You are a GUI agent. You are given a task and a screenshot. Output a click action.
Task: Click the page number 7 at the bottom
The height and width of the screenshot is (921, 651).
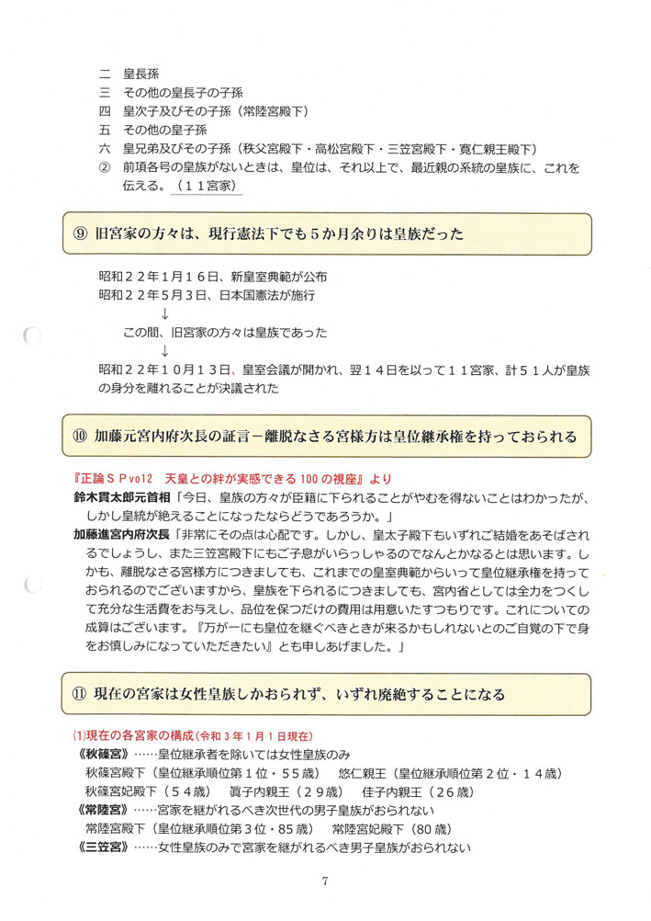click(325, 881)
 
